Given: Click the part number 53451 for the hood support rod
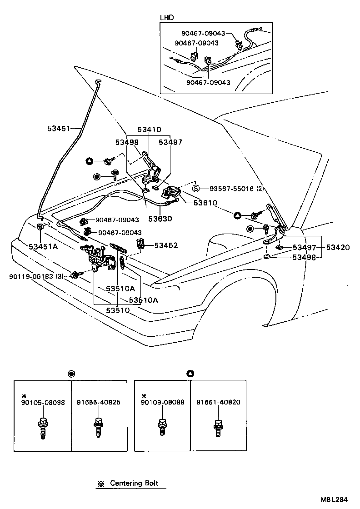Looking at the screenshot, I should [x=57, y=129].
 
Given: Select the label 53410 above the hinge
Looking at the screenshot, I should [x=148, y=130].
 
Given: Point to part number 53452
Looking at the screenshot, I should [x=166, y=245].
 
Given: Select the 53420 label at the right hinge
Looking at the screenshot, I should [x=337, y=247].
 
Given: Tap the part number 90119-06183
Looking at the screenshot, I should [x=31, y=276].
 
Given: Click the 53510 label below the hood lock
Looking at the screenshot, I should [x=118, y=310].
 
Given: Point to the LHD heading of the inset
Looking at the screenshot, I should [x=167, y=18].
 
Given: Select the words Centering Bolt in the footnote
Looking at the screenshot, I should [x=134, y=483].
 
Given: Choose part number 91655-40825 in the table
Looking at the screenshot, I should [x=99, y=402].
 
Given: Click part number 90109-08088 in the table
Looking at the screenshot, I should [x=162, y=402].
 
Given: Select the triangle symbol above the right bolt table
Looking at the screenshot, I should [x=190, y=374].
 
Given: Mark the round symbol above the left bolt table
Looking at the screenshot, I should [x=71, y=374].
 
